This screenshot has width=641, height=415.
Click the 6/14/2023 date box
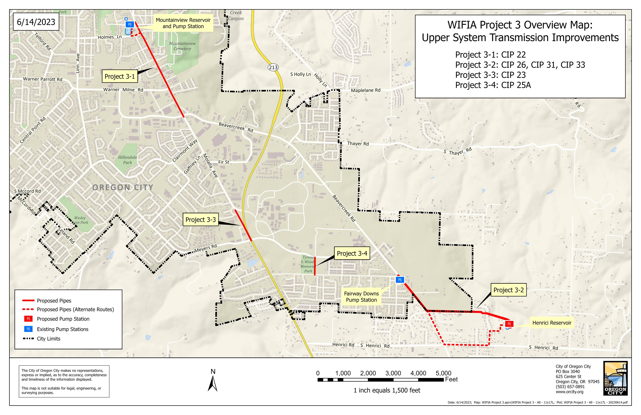point(36,22)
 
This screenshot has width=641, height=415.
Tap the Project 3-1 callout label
point(120,76)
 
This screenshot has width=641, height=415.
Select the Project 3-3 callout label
point(201,220)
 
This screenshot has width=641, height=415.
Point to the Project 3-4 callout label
point(352,253)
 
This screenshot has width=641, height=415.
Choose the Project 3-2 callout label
point(508,290)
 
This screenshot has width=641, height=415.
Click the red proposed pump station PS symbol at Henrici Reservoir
point(509,324)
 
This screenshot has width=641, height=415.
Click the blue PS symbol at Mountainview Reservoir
point(130,24)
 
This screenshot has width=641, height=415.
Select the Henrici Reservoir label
point(552,323)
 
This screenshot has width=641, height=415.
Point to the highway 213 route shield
point(273,67)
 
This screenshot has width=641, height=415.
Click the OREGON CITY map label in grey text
point(123,188)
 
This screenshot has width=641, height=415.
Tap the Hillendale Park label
point(128,160)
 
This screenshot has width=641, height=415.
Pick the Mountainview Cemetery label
point(182,46)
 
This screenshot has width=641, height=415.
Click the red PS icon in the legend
point(28,319)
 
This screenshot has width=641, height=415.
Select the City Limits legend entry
point(49,339)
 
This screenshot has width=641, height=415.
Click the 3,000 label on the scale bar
point(393,373)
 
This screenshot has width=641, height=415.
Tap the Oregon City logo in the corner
point(615,378)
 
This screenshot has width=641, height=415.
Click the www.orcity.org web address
point(570,392)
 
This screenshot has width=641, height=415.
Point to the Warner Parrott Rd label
point(43,79)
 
